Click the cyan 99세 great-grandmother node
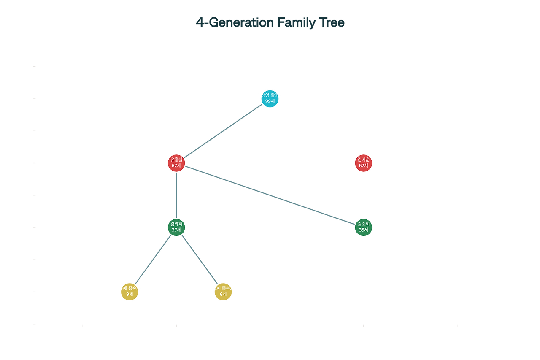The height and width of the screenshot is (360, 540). [x=270, y=99]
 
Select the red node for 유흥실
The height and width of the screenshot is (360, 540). [x=176, y=163]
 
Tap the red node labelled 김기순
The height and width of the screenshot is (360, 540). [x=363, y=163]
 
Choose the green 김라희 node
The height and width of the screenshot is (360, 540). [x=176, y=227]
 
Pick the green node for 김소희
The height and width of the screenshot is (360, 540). [x=363, y=228]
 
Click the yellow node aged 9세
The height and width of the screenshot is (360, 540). [x=130, y=292]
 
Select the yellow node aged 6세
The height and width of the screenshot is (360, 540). [x=223, y=292]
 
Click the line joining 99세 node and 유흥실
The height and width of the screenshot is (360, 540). [x=223, y=131]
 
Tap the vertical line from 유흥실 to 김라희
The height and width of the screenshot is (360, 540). [x=176, y=195]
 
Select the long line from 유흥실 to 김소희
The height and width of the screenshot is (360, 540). [x=270, y=195]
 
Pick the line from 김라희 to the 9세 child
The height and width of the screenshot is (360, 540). [x=153, y=260]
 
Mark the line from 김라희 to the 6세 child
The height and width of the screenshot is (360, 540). [x=200, y=260]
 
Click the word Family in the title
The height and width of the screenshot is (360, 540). [x=296, y=22]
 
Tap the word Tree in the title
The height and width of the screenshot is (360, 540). [x=333, y=22]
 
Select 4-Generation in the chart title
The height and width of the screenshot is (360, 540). [x=235, y=22]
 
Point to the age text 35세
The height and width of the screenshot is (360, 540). [x=363, y=230]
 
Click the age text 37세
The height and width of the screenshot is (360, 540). [x=176, y=230]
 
